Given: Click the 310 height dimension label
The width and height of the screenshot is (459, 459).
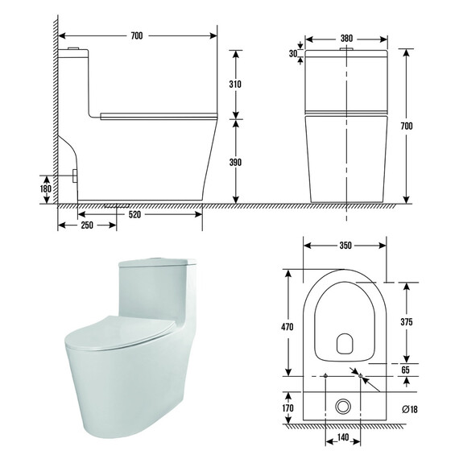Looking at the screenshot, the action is tap(235, 85).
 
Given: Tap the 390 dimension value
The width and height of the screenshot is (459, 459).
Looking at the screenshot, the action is tap(235, 162).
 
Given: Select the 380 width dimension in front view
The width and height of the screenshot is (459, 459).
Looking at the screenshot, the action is tap(346, 39).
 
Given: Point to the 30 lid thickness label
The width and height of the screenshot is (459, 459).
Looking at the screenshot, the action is tap(293, 54).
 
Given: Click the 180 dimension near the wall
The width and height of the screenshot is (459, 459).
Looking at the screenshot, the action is tap(46, 188).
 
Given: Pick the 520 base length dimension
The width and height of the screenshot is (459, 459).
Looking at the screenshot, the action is tap(134, 214).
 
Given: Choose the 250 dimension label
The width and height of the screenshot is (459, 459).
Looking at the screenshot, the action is tap(87, 225).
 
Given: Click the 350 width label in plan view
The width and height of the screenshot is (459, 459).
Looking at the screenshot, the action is tap(345, 246).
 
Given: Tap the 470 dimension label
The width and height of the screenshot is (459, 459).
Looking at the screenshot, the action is tap(287, 327).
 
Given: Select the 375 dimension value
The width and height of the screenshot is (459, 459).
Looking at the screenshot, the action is tap(407, 322).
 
